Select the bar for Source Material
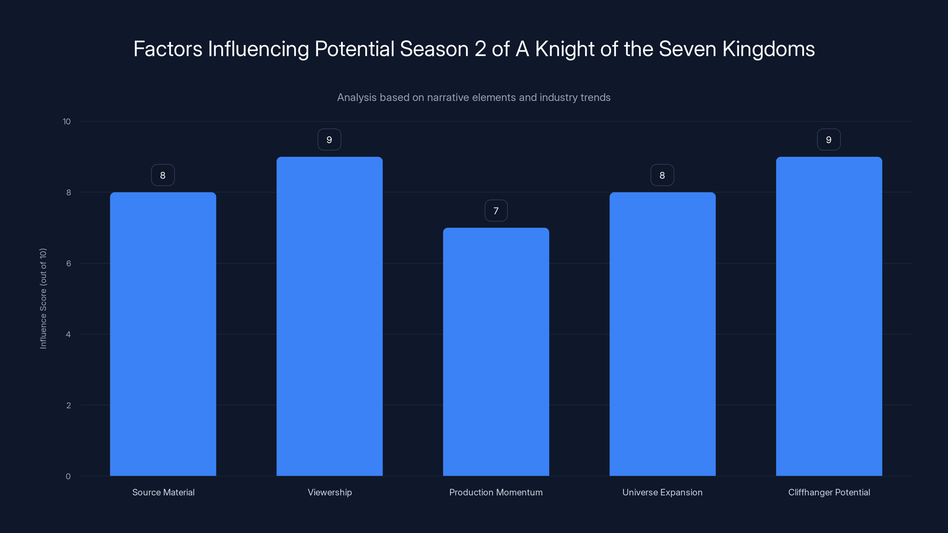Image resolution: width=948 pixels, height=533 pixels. tap(163, 334)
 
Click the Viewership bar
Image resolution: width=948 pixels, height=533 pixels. tap(329, 316)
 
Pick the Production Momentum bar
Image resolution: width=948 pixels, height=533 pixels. tap(496, 352)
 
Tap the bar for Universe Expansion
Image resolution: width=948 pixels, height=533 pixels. tap(662, 334)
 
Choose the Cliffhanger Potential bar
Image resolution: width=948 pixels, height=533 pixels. tap(829, 316)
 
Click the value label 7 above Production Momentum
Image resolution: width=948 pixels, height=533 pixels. tap(496, 211)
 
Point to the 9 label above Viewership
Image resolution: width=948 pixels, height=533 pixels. tap(329, 140)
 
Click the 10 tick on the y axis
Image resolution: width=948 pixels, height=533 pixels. tap(67, 122)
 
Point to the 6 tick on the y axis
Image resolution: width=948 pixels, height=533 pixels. tap(68, 263)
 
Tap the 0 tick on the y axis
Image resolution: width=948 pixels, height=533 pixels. tap(68, 476)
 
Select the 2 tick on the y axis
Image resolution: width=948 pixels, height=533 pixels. tap(68, 405)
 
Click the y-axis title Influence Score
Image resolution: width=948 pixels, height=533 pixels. tap(43, 298)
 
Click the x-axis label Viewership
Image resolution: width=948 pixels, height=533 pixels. tap(330, 492)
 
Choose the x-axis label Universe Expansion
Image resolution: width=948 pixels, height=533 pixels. tap(662, 492)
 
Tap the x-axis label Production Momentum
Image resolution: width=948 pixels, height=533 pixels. tap(496, 492)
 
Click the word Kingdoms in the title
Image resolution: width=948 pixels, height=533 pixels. tap(768, 49)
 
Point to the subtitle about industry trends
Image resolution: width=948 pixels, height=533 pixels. tap(474, 97)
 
